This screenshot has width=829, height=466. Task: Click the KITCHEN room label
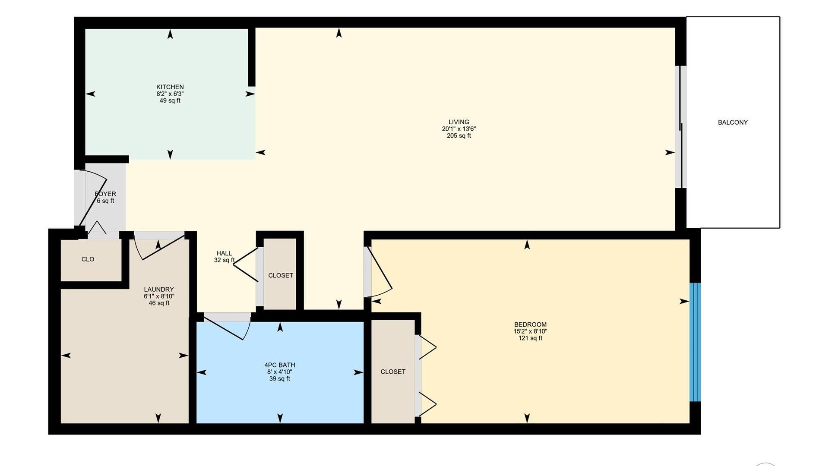pos(170,87)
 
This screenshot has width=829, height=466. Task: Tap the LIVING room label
pos(459,122)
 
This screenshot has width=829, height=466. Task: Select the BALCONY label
pos(733,123)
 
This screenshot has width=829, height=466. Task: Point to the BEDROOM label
pos(530,324)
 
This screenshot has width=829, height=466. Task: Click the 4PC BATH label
pos(280,365)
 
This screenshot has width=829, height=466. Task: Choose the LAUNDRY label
pos(159,290)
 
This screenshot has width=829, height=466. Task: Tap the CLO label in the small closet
pos(88,259)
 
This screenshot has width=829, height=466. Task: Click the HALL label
pos(224,253)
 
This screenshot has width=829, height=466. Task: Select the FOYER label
pos(105,194)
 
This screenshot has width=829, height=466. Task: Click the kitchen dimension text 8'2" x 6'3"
pos(170,94)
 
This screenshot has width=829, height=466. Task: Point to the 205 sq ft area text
pos(459,136)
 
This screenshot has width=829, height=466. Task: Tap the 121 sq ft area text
pos(530,338)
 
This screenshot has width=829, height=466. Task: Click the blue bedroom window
pos(695,342)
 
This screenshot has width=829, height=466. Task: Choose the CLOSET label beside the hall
pos(281,275)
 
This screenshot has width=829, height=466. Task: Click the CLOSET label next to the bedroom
pos(393,372)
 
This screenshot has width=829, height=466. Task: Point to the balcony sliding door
pos(681,127)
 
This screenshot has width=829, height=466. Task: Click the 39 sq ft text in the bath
pos(280,379)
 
